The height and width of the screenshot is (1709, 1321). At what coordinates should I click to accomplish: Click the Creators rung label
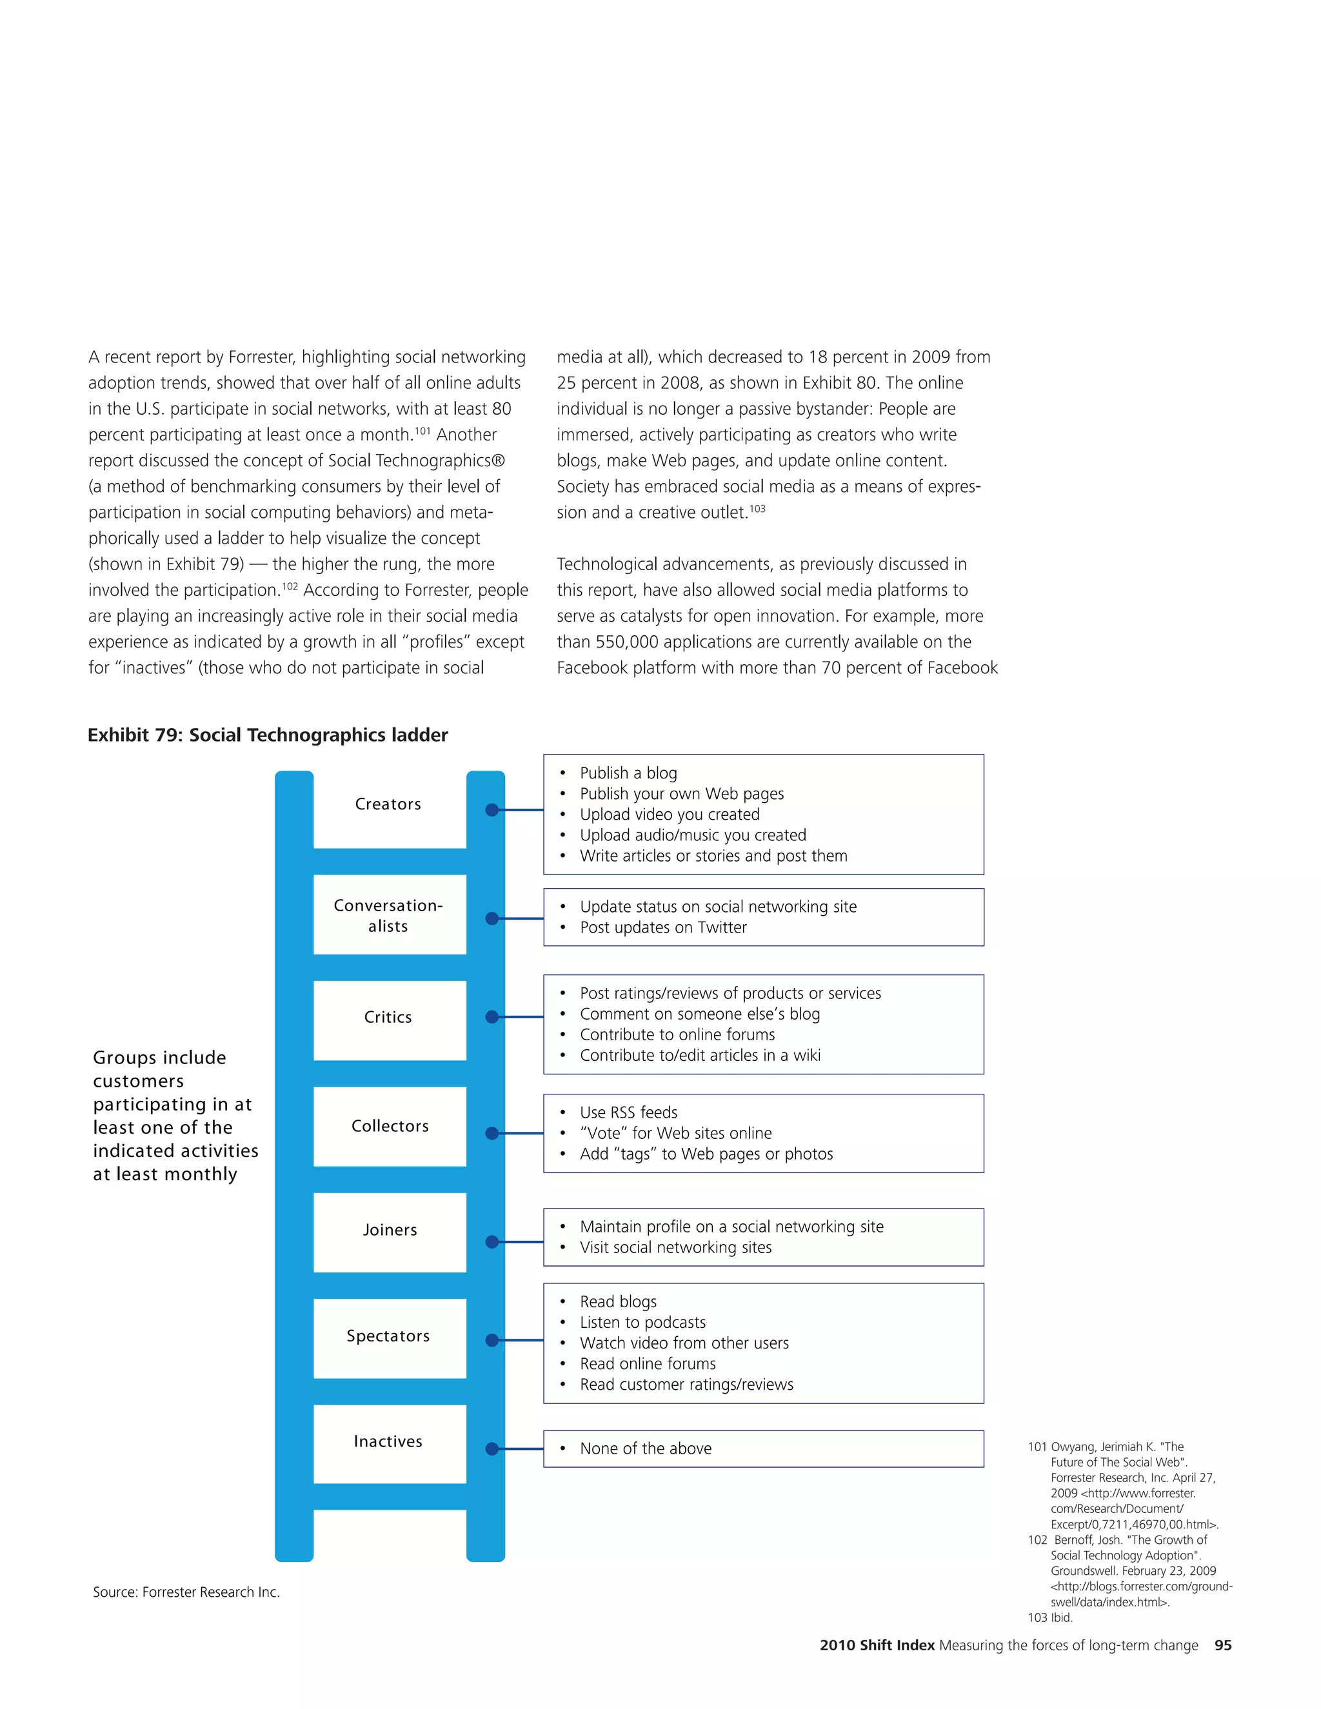click(x=388, y=804)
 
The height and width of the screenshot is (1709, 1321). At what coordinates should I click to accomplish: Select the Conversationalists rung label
click(x=388, y=916)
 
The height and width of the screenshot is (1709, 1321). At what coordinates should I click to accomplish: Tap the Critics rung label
click(x=388, y=1017)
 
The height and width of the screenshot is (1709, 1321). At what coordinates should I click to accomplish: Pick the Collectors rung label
click(x=390, y=1126)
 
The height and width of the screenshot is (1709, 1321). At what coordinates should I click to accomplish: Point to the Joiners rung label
click(x=390, y=1230)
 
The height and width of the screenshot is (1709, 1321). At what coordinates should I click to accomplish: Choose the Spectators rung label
click(x=388, y=1336)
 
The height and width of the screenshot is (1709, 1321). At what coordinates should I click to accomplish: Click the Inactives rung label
click(x=388, y=1441)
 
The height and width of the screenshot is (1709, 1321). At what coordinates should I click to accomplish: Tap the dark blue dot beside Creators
click(x=492, y=810)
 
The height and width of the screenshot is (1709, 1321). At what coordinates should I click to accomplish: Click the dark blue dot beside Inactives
click(x=492, y=1448)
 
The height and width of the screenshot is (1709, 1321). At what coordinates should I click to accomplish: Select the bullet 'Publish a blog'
click(x=628, y=773)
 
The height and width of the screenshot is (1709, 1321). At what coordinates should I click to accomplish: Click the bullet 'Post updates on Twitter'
click(x=663, y=927)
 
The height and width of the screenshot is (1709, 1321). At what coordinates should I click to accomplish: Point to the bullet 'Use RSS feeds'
click(x=628, y=1112)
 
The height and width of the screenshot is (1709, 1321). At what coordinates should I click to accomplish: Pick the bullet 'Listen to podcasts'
click(x=642, y=1323)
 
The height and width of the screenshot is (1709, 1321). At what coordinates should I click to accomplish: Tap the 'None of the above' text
click(x=646, y=1448)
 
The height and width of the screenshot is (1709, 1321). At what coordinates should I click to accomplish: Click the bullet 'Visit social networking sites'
click(x=675, y=1247)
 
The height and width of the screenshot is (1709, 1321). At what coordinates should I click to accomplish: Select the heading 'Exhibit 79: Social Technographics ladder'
click(x=268, y=735)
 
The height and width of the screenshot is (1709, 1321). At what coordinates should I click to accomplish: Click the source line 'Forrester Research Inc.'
click(x=186, y=1592)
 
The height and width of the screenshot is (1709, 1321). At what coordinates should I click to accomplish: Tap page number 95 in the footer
click(x=1222, y=1646)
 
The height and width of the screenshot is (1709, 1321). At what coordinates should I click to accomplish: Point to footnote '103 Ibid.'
click(x=1050, y=1617)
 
